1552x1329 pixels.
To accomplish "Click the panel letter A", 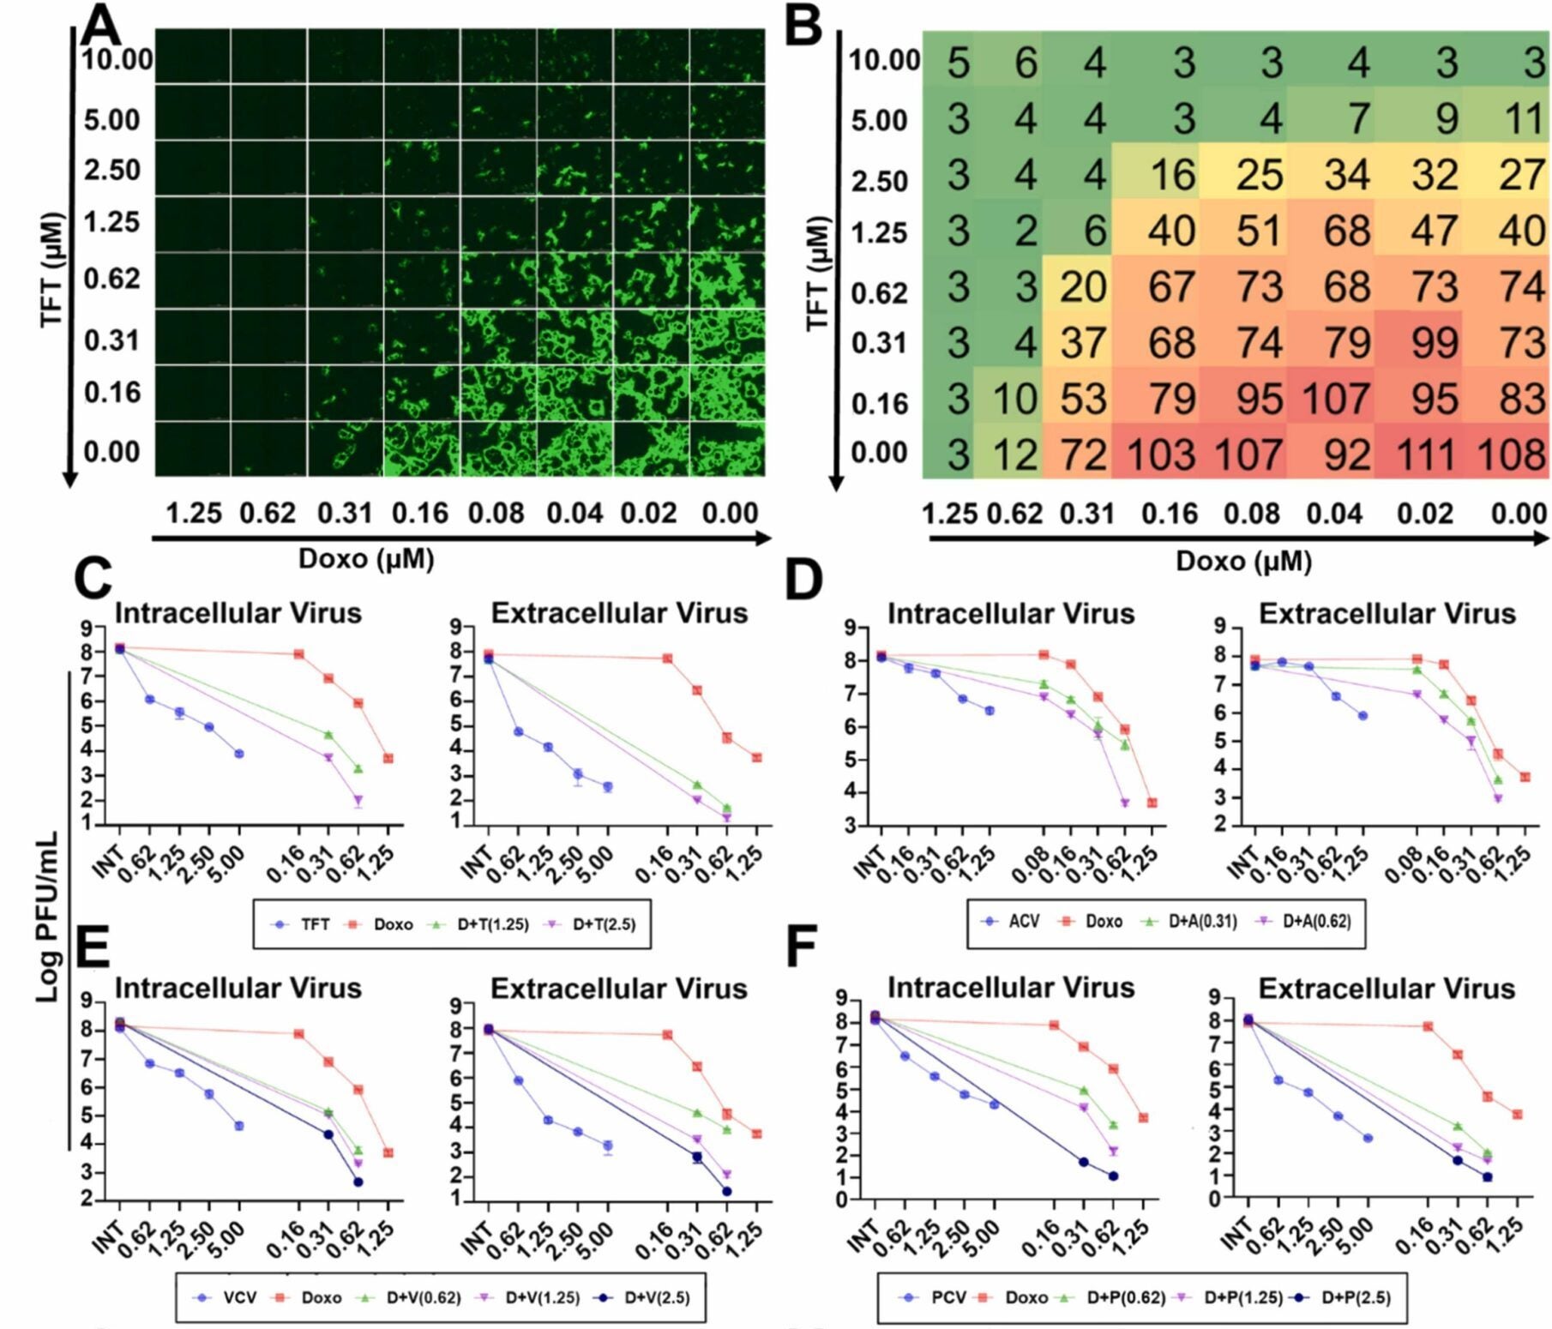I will pos(101,26).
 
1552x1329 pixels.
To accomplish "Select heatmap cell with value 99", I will pos(1435,343).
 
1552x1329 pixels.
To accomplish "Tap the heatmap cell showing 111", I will pos(1426,454).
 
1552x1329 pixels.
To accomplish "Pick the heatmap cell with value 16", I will pos(1172,175).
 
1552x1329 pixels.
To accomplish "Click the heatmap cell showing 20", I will pos(1083,286).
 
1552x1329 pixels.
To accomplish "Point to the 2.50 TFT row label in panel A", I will pos(111,171).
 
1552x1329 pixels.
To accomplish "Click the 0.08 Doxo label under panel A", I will pos(496,514).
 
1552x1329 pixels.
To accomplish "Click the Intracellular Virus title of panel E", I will pos(238,988).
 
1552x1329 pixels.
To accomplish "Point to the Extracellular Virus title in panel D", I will pos(1387,614).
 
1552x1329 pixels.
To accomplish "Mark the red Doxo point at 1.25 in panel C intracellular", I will pos(388,758).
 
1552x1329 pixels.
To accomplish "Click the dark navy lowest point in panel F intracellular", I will pos(1113,1176).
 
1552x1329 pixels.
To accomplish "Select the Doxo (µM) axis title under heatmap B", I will pos(1242,561).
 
